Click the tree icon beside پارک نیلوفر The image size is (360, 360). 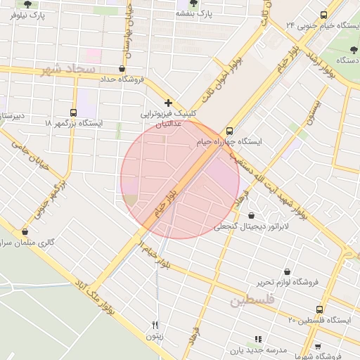(27, 4)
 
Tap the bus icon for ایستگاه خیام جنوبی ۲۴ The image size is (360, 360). (323, 15)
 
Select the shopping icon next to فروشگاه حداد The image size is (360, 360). (123, 69)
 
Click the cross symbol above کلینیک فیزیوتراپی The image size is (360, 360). (168, 103)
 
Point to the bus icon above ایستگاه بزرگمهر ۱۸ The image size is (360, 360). (74, 112)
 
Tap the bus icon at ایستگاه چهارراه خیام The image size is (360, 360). (229, 131)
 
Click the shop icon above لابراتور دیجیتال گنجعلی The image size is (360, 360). (251, 216)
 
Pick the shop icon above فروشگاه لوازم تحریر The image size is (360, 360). (287, 271)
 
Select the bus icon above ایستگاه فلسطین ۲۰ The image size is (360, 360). (320, 309)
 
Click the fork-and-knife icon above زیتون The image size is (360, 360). (155, 325)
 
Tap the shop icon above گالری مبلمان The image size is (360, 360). (25, 231)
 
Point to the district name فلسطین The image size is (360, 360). (249, 301)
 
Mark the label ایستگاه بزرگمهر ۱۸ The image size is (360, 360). (73, 123)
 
